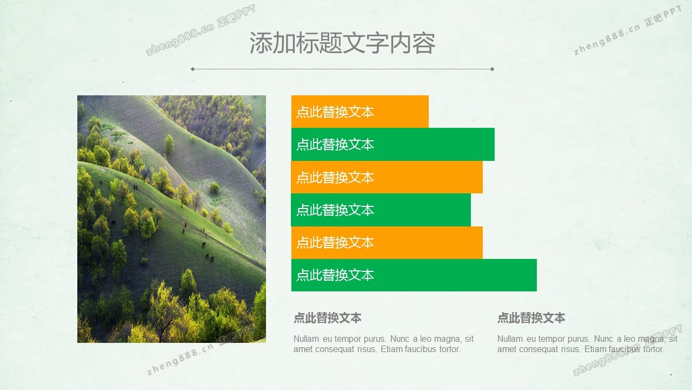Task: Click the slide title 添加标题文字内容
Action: point(342,43)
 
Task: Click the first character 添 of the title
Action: point(261,43)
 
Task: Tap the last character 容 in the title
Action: point(424,43)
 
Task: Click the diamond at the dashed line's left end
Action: point(192,69)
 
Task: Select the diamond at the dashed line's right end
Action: point(492,69)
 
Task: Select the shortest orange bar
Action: point(360,112)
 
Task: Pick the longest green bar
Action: point(414,275)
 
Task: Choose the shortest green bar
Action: point(381,210)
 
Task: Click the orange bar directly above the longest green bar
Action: point(387,242)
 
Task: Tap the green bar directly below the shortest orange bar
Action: point(393,144)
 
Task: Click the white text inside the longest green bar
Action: point(335,275)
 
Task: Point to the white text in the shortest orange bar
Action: point(335,112)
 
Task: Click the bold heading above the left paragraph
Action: point(328,318)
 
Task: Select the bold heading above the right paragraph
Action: point(531,318)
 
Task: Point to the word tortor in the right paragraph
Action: point(654,349)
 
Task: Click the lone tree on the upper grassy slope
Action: point(169,144)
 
